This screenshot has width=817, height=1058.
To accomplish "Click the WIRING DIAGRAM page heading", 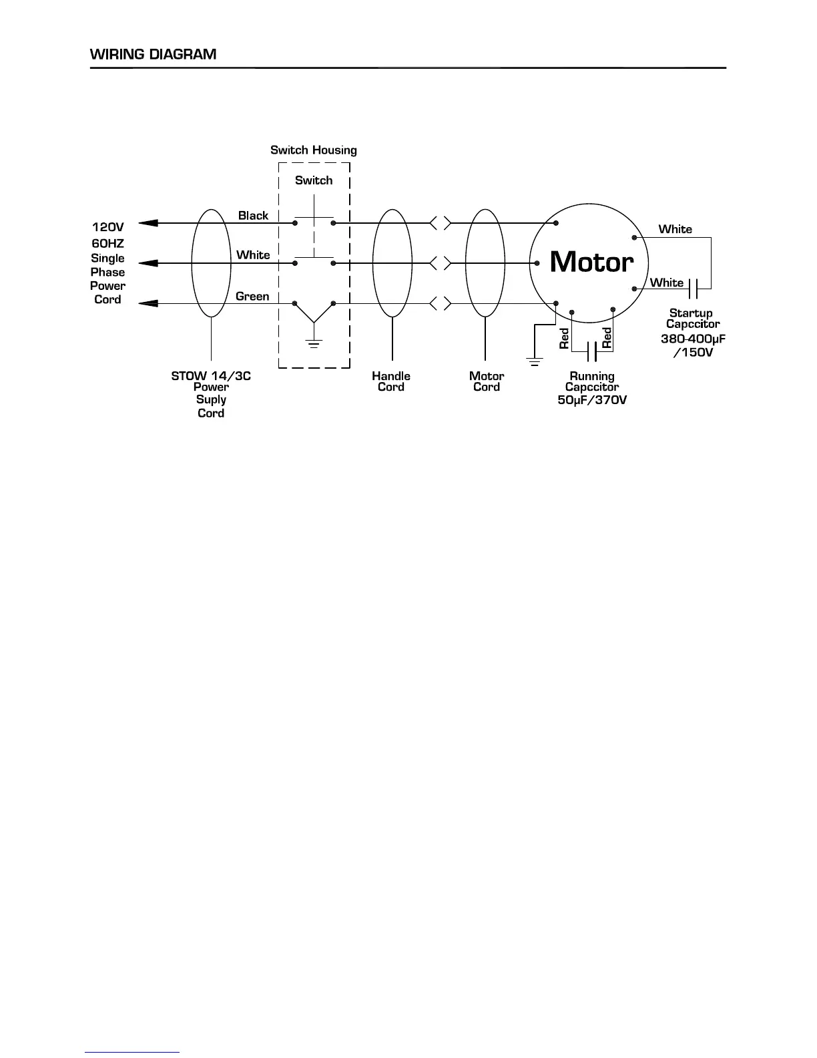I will point(153,54).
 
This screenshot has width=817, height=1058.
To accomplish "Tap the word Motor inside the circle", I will point(591,261).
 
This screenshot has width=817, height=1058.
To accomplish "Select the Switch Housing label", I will point(313,150).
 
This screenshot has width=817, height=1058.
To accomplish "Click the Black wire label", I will point(253,216).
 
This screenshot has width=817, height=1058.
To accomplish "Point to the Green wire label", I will point(252,297).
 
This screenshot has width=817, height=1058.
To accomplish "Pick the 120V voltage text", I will point(107,227).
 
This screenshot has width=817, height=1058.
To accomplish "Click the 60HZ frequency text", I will point(107,244).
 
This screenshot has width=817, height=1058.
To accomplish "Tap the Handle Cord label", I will point(391,381).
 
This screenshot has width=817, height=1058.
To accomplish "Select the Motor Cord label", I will point(487,381).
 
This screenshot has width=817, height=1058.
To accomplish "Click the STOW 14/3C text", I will point(211,376).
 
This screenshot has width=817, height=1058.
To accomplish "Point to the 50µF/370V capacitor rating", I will point(592,400).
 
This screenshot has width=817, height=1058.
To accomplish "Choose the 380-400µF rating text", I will point(693,339).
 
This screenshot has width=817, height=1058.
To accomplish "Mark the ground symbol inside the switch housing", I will point(314,343).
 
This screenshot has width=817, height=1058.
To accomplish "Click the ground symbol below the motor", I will point(534,362).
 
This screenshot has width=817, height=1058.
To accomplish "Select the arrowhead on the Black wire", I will point(148,223).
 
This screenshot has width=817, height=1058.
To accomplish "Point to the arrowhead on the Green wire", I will point(148,304).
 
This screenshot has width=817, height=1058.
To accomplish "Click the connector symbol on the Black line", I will point(440,223).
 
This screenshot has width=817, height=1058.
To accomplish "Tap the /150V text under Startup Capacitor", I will point(693,352).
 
